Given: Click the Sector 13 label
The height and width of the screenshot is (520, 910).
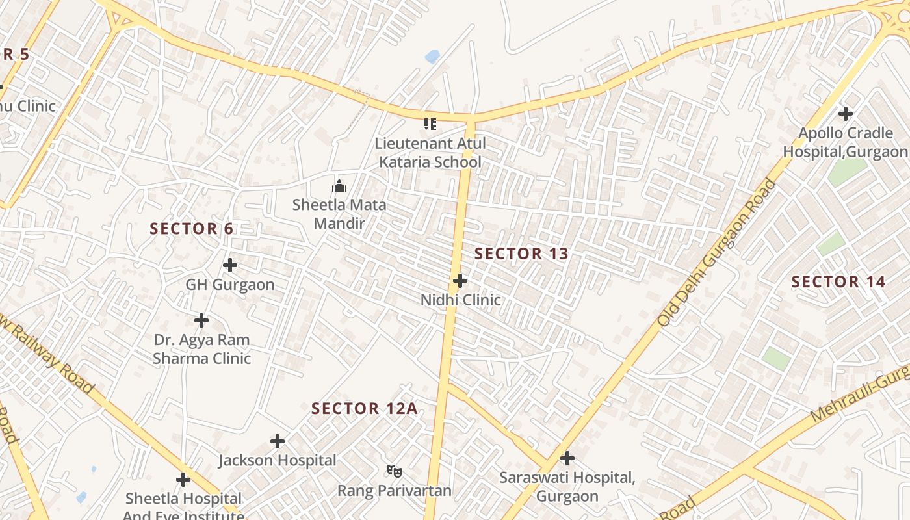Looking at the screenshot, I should point(521,254).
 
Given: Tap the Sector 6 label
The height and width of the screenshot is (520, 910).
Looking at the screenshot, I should point(191,229).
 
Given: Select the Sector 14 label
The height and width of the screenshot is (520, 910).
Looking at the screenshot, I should point(838,282).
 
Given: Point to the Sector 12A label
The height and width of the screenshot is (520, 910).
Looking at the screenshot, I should point(364,409).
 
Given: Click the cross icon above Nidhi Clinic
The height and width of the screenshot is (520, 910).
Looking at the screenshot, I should point(460,281).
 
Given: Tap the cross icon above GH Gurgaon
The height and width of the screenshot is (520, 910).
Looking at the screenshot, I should point(229,265).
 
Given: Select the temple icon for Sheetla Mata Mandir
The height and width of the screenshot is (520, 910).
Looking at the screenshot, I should point(339,187).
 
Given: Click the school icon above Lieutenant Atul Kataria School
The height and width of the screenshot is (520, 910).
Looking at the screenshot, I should point(430,123).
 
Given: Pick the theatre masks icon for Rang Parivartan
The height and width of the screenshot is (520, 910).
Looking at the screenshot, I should point(394,471).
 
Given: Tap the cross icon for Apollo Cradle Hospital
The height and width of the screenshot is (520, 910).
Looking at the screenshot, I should point(845,114).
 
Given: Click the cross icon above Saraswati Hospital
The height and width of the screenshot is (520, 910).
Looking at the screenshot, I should point(567,458).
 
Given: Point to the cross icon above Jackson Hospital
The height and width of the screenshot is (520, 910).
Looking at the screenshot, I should point(278,441).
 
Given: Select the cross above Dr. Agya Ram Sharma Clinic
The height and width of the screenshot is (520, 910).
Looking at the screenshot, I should point(201,320).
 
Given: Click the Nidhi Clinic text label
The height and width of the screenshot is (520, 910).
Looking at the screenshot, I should point(460,300).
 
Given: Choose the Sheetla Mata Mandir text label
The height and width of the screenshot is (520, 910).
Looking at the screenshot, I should point(339,214).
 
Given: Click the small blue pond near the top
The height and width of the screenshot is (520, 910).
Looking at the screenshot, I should point(432,57).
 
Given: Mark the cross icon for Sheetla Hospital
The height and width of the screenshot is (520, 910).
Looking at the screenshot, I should point(183,480).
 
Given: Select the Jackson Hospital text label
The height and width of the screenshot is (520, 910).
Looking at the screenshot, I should point(278,461).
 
